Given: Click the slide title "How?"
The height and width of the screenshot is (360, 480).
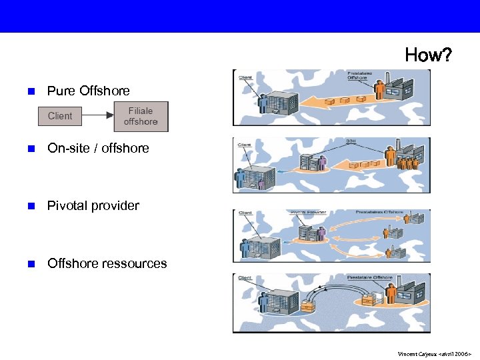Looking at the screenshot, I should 428,55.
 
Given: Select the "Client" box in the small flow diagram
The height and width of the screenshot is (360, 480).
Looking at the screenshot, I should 60,116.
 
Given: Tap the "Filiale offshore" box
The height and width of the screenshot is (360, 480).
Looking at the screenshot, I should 141,116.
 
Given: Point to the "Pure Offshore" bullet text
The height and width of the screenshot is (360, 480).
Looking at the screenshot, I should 88,91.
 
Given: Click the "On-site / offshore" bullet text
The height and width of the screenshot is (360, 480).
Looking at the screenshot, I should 98,148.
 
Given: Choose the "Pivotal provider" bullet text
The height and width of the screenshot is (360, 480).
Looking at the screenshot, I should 93,205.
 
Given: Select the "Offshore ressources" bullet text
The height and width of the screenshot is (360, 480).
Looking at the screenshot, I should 107,263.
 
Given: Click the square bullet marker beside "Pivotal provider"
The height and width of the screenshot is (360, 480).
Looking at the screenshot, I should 30,206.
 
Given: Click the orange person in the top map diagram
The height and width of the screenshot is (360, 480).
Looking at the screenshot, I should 380,91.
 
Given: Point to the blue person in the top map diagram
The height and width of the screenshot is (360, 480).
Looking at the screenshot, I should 263,103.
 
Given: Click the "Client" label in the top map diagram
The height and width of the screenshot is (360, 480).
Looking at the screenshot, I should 245,78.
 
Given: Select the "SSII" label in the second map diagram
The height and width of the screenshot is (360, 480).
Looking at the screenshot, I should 351,142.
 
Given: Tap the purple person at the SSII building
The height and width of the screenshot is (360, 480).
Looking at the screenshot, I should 322,163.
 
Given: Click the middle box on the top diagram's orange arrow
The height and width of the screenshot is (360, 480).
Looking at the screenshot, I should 345,100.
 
